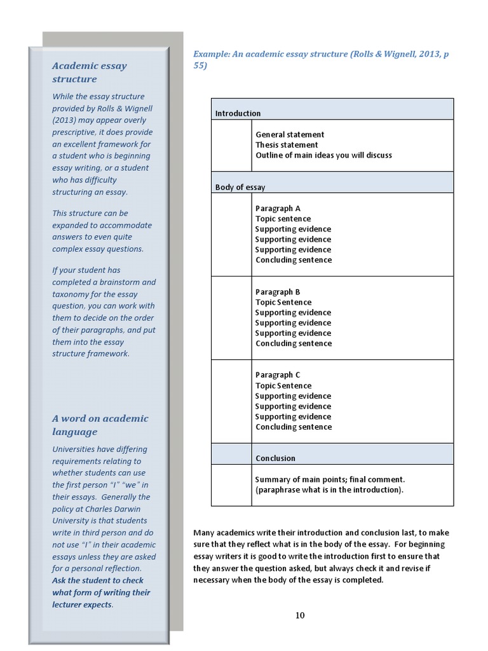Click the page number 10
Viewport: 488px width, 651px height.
300,615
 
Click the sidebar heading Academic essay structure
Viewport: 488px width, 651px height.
89,72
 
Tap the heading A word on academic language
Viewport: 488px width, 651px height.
100,425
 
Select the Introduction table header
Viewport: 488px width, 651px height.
238,113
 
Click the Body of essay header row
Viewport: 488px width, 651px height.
240,188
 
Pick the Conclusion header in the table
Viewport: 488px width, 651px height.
275,458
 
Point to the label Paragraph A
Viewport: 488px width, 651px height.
278,209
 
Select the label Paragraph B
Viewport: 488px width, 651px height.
278,292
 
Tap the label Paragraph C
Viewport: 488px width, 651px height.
278,375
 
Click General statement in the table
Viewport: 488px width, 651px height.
290,135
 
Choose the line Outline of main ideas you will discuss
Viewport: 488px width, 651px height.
323,155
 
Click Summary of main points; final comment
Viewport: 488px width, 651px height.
330,479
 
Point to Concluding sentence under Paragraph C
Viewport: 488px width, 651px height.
293,427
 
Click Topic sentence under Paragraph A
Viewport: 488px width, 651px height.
283,219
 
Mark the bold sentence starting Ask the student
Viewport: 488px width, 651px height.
101,593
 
